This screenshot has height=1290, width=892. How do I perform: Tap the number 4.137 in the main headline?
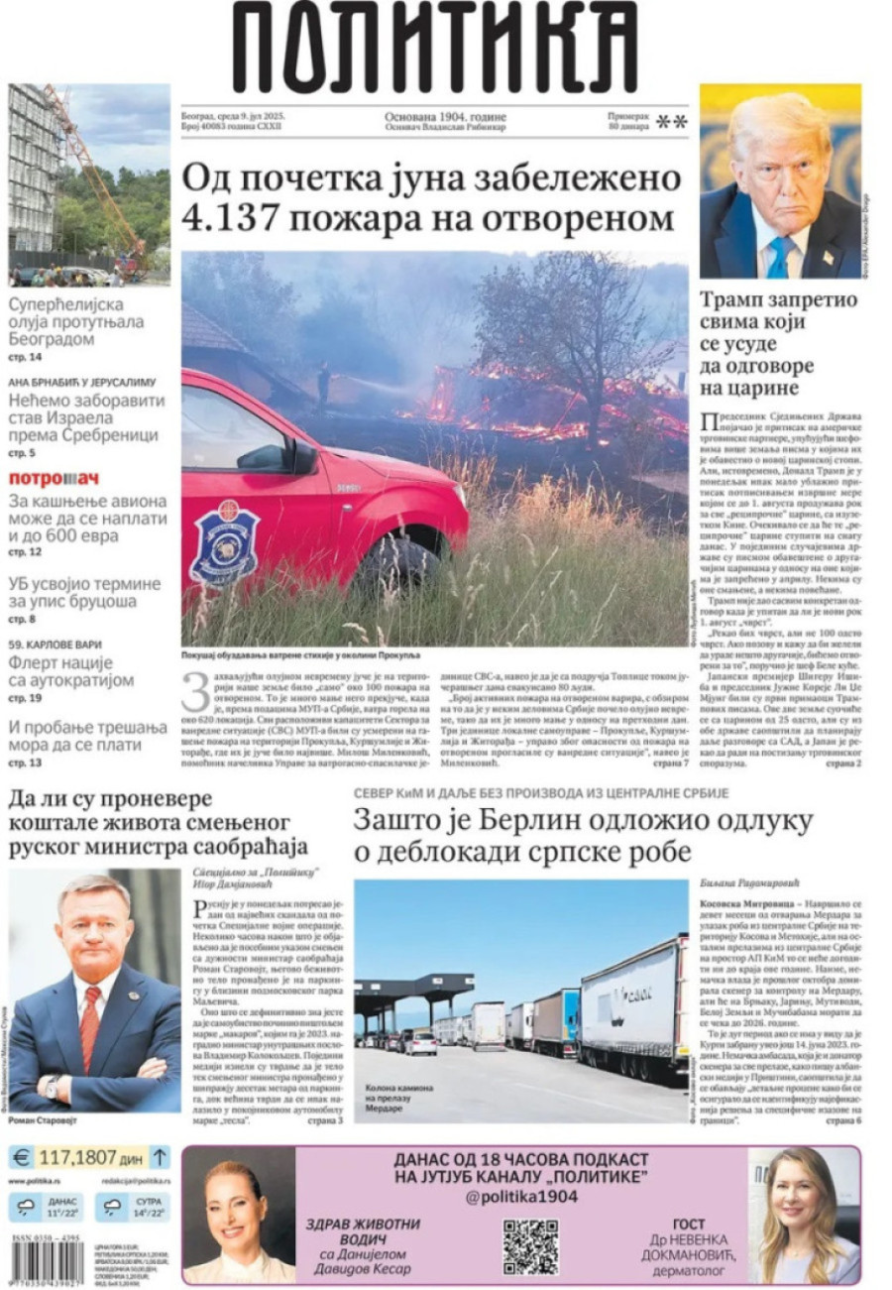point(239,217)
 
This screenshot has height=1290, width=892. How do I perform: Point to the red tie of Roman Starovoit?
point(90,1027)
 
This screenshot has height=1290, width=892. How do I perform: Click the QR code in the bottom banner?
point(530,1245)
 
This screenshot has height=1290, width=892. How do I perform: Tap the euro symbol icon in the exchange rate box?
point(21,1156)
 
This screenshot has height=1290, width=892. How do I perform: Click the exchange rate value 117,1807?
point(78,1157)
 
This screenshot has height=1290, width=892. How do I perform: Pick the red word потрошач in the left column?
point(54,478)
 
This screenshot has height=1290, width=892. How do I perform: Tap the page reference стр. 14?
point(26,357)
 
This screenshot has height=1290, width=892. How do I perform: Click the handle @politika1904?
point(521,1196)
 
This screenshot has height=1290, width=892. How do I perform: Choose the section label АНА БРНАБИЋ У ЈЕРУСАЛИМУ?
point(83,381)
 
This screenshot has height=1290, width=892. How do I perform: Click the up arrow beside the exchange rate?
point(160,1156)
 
